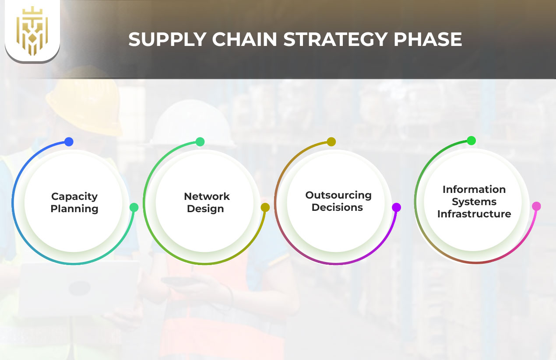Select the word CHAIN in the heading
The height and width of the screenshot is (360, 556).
pos(244,40)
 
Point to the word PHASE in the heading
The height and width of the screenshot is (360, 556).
pos(428,40)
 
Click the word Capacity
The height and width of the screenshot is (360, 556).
pos(74,196)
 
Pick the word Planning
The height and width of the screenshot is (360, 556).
pos(74,209)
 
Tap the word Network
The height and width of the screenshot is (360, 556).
pos(207,196)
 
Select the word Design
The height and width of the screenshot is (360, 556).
pos(205,209)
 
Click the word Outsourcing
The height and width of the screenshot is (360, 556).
pos(338,195)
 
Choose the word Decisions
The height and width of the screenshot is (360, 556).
pos(337,207)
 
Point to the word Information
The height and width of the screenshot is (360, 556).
pos(474,189)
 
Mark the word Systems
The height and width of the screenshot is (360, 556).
pos(474,202)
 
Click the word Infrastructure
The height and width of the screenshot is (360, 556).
pos(474,214)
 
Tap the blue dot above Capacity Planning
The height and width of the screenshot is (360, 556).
pos(69,142)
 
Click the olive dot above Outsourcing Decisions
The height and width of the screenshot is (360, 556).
pos(331,142)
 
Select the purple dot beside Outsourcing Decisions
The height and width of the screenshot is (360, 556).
pos(396,207)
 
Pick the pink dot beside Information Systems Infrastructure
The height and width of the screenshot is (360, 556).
pos(536,206)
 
